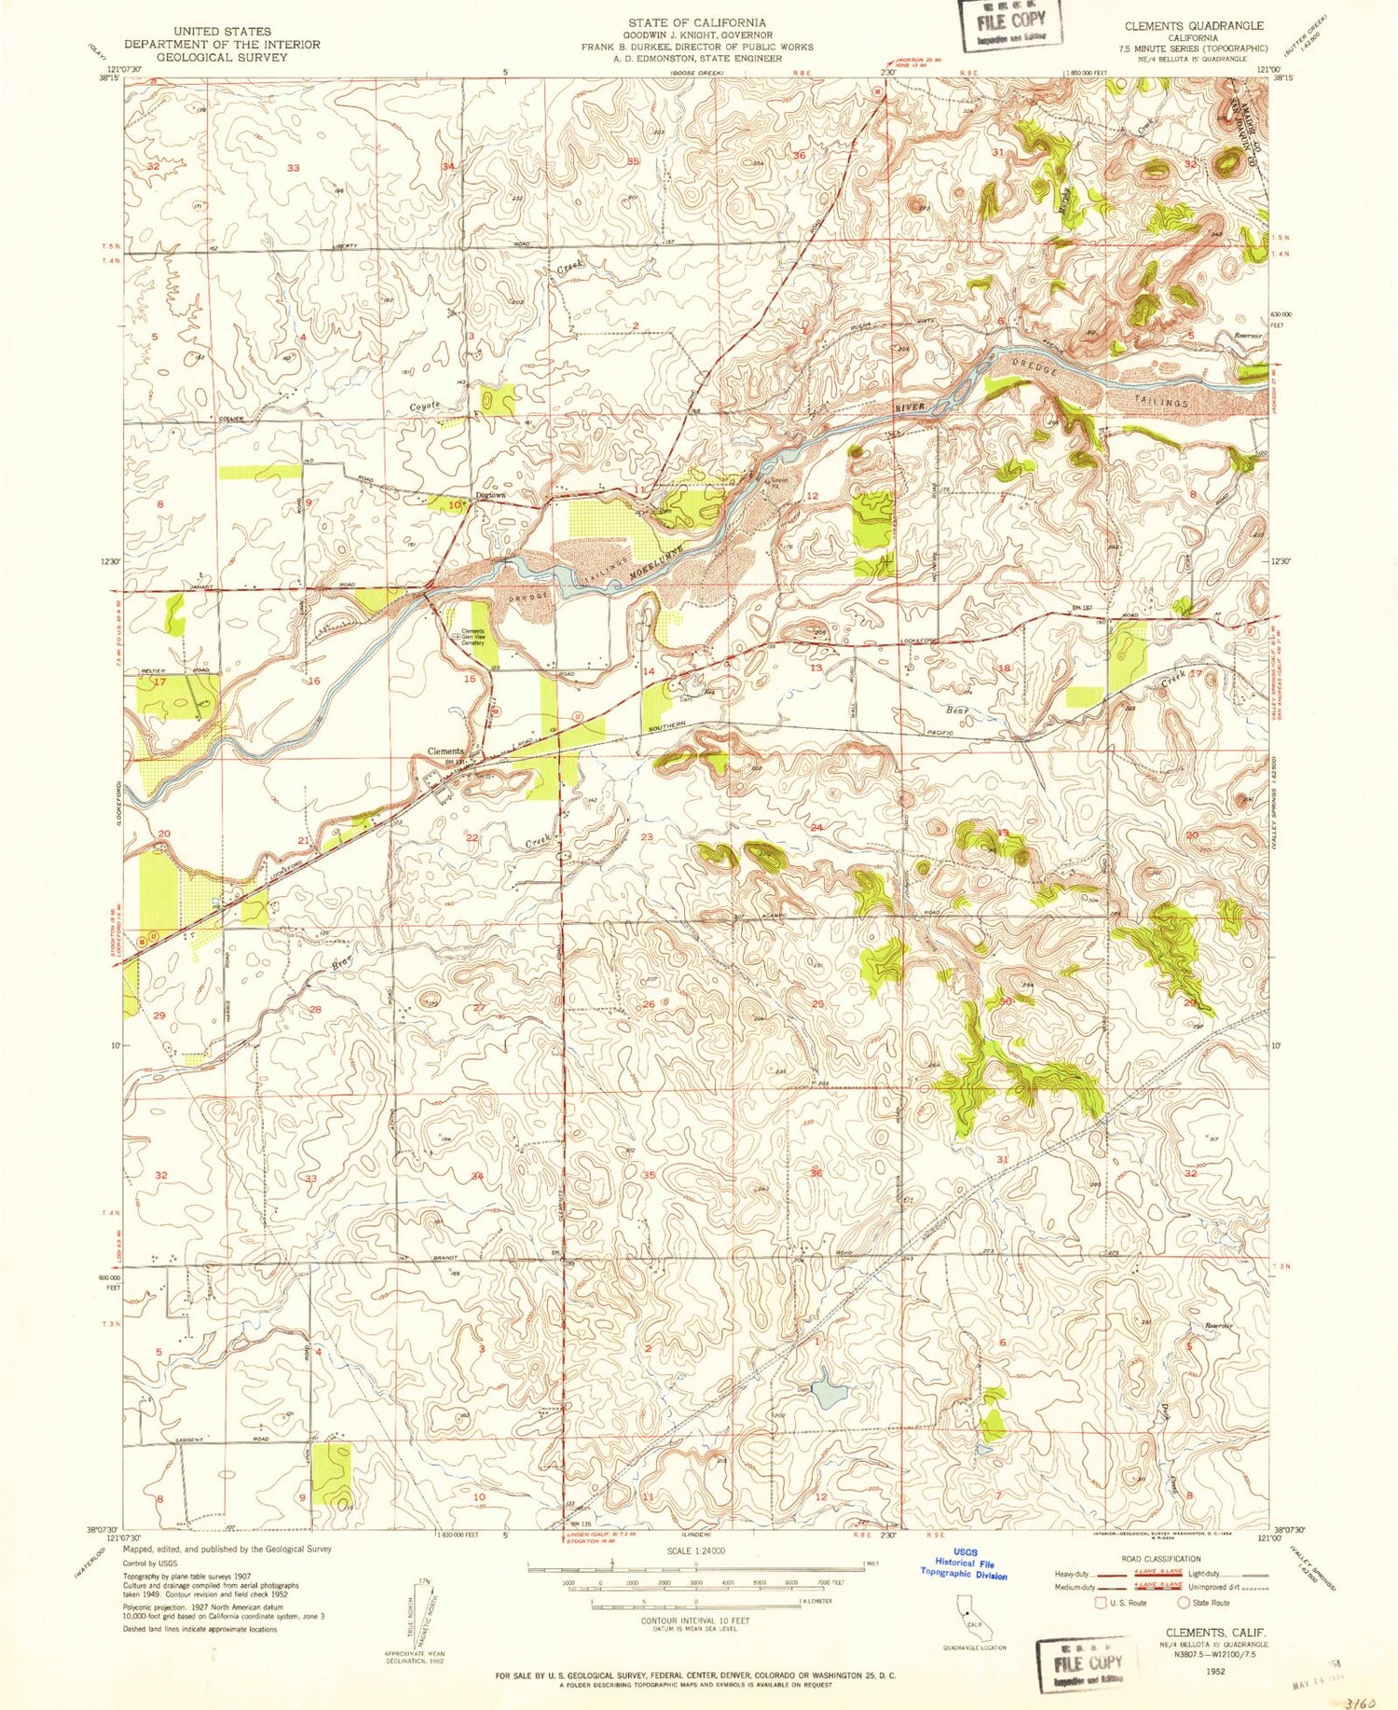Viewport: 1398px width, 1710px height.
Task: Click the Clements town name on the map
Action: (x=445, y=752)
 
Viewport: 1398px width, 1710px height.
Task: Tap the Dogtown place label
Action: (x=490, y=496)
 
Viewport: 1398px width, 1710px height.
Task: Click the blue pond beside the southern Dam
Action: (x=829, y=1395)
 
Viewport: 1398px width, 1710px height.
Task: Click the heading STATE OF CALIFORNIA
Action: (x=696, y=22)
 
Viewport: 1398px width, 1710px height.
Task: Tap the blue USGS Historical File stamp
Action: (x=963, y=1568)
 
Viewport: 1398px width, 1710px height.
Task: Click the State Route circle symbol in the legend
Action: (x=1184, y=1603)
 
